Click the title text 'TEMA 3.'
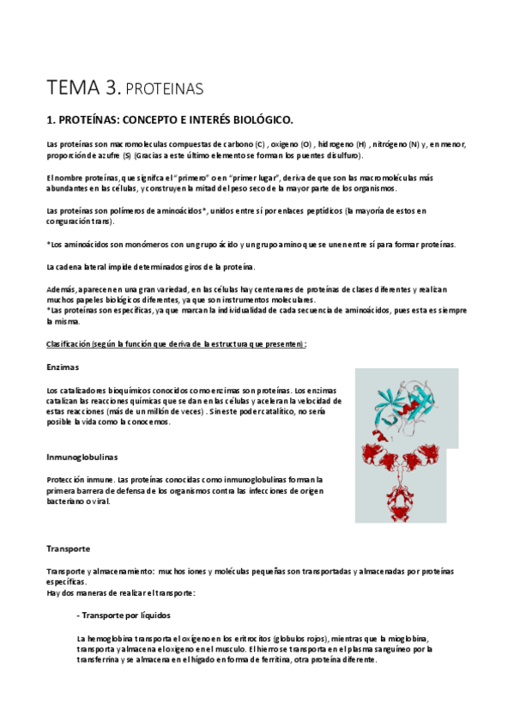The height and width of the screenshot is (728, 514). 83,87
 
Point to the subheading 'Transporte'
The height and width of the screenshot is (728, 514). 69,548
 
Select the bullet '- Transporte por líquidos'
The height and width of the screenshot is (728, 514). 124,615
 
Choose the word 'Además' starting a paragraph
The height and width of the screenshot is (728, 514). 61,290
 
